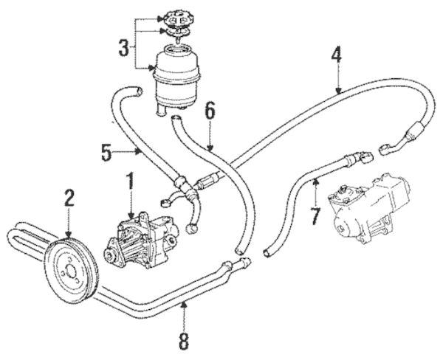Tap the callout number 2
(x=69, y=197)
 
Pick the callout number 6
(x=210, y=111)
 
